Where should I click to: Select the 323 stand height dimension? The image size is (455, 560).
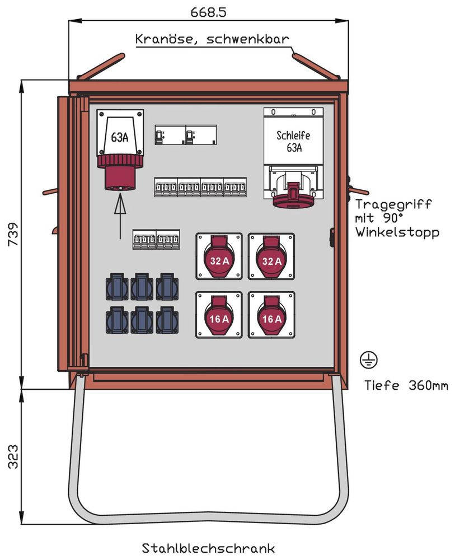pos(13,456)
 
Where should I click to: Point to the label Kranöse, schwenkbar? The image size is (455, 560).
pos(212,39)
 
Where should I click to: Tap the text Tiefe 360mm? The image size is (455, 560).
pos(406,385)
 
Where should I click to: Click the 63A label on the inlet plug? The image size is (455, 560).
pos(119,137)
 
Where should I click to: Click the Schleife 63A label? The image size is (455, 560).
pos(294,142)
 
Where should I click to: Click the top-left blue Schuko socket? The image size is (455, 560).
pos(117,287)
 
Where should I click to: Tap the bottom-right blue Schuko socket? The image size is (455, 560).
pos(167,320)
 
